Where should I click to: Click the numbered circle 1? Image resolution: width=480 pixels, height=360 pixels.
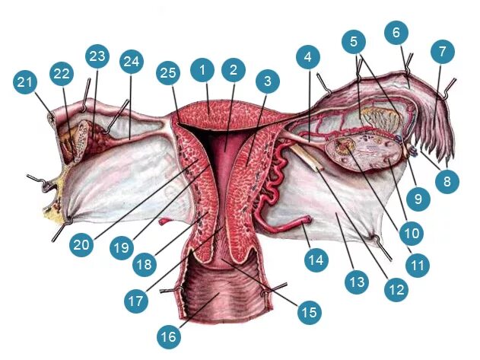[202, 70]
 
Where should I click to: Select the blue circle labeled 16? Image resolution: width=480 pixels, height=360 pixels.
[169, 335]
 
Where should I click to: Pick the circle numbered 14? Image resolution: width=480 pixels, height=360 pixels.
[315, 260]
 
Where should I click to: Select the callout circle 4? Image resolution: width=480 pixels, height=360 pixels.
[307, 57]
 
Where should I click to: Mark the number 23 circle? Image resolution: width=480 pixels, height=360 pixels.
[97, 58]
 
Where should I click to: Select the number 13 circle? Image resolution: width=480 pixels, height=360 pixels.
[355, 283]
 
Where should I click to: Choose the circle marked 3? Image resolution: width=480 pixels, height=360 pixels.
[265, 78]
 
